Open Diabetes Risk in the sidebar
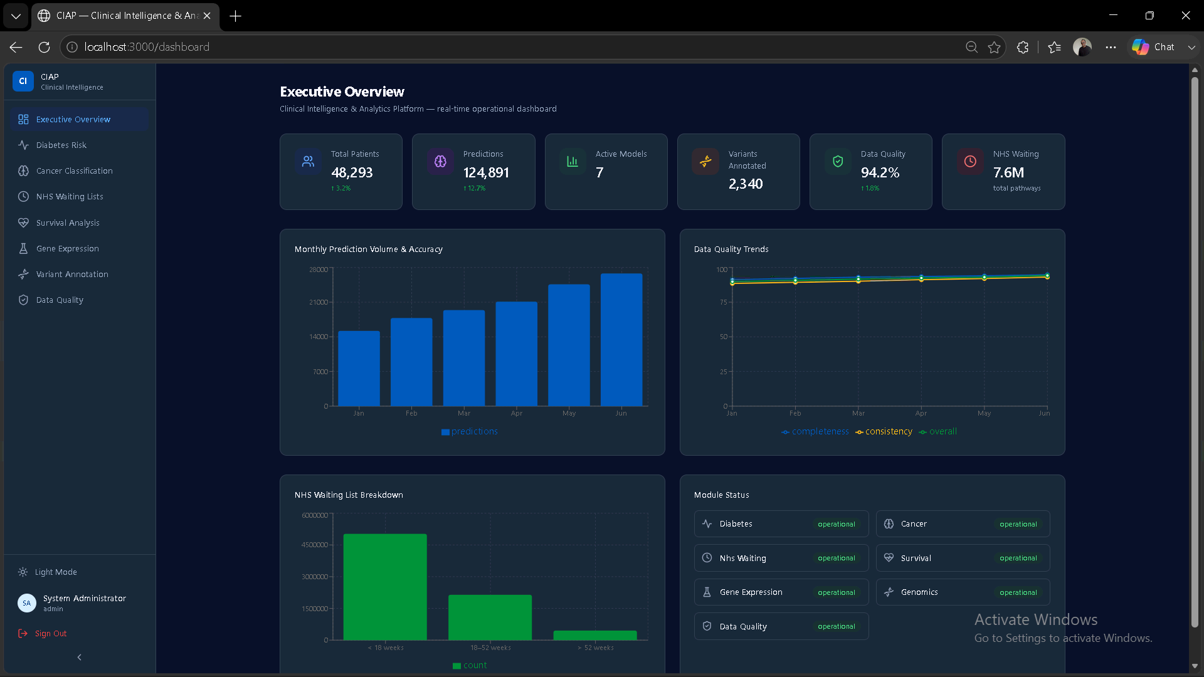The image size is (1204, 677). click(x=61, y=145)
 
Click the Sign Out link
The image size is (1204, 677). click(x=50, y=633)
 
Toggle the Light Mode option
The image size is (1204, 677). click(x=56, y=572)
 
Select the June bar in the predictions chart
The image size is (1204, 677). click(x=621, y=340)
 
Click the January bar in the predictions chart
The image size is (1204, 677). click(x=359, y=369)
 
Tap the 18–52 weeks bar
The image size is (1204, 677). click(x=490, y=617)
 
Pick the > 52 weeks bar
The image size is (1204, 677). click(x=595, y=635)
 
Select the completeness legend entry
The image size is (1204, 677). click(x=815, y=431)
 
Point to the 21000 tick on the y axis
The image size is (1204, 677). click(x=319, y=302)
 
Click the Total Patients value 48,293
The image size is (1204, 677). click(x=352, y=172)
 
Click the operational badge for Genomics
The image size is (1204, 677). click(x=1018, y=592)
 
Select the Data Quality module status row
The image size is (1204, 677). click(x=781, y=626)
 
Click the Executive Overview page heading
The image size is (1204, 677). click(x=342, y=92)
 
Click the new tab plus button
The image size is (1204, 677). click(x=236, y=16)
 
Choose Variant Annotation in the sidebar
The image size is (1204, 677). click(x=72, y=274)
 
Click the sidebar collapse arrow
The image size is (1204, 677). click(x=79, y=657)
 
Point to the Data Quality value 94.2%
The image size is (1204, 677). click(x=880, y=172)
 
